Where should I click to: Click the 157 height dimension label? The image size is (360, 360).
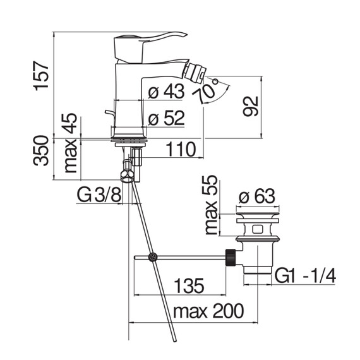pyautogui.click(x=41, y=76)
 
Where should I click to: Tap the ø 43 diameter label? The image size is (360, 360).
pyautogui.click(x=166, y=92)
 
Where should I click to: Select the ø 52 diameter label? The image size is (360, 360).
pyautogui.click(x=166, y=118)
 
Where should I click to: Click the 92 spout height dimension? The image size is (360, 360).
pyautogui.click(x=251, y=106)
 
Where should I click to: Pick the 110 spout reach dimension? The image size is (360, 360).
pyautogui.click(x=181, y=149)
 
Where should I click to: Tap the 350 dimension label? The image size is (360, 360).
pyautogui.click(x=41, y=150)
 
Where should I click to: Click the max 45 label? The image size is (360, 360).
pyautogui.click(x=70, y=143)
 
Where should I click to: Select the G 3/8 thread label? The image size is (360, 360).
pyautogui.click(x=99, y=195)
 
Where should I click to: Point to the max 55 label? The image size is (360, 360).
pyautogui.click(x=211, y=205)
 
